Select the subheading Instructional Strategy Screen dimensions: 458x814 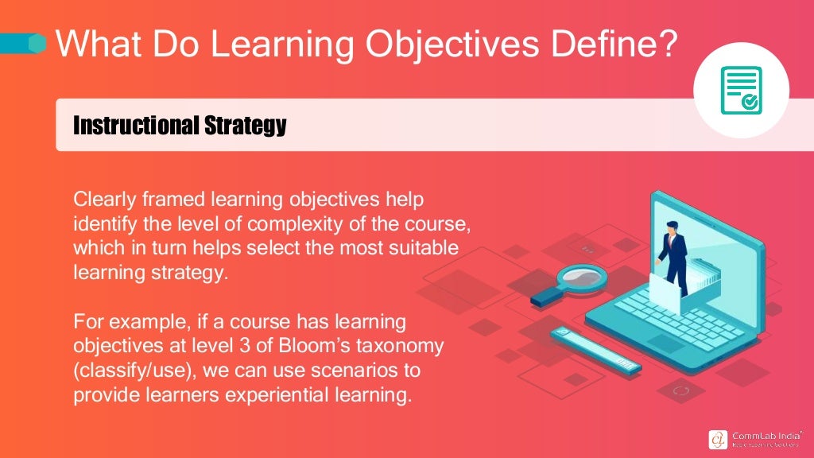coord(179,125)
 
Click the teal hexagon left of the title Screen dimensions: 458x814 coord(37,43)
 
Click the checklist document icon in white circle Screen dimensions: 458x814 coord(741,91)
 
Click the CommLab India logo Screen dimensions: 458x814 coord(755,439)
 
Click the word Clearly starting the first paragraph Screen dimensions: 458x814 coord(101,198)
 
